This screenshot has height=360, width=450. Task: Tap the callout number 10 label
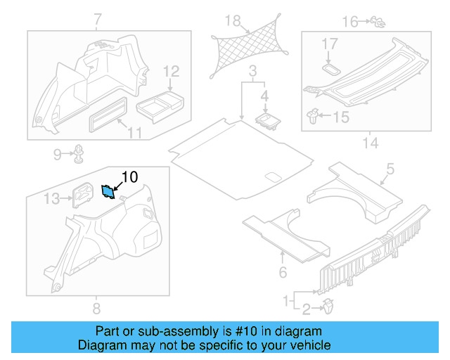[131, 177]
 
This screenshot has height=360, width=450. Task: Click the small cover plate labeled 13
[83, 195]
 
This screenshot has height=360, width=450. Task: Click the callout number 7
[98, 17]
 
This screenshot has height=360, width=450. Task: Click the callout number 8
[96, 309]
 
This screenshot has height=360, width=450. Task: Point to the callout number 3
[252, 70]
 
